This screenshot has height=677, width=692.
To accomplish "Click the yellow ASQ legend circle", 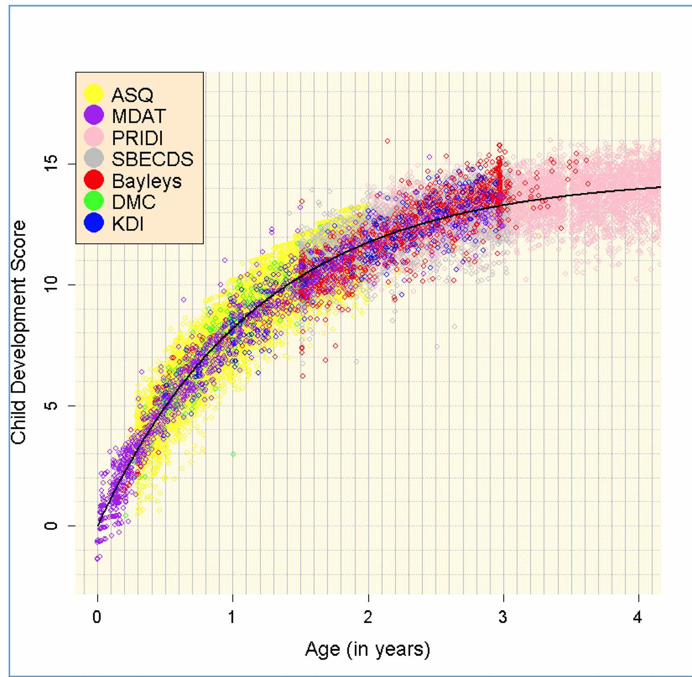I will [x=95, y=94].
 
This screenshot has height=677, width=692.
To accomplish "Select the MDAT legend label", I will [x=138, y=116].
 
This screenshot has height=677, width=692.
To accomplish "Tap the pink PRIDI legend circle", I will [x=95, y=138].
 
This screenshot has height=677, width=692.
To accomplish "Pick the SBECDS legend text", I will [x=152, y=159].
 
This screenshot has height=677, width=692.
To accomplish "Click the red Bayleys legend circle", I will [x=95, y=181].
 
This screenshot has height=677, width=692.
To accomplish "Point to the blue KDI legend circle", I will [x=95, y=224].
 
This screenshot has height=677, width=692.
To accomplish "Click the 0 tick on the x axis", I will [x=97, y=617].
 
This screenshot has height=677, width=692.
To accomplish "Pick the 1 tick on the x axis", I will [x=233, y=617].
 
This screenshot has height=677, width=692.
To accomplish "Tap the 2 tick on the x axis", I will [x=368, y=617].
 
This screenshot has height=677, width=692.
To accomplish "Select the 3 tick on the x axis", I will [x=503, y=617].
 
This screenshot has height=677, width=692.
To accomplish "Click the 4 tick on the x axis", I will [x=638, y=617].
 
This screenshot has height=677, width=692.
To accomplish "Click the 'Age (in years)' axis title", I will [x=368, y=649].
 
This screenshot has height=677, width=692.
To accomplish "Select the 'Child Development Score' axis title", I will [x=19, y=332].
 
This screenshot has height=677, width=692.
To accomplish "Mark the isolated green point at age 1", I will [x=233, y=454].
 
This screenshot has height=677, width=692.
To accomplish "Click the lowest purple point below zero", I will [x=97, y=559].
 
